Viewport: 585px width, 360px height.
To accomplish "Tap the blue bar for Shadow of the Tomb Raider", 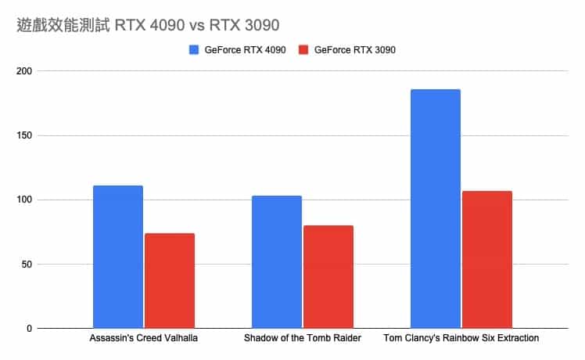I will coord(277,261).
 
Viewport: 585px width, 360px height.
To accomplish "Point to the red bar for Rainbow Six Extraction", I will coord(487,259).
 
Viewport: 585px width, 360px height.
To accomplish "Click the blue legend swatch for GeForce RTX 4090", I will coord(195,50).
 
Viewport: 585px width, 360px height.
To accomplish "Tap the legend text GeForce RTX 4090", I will coord(245,50).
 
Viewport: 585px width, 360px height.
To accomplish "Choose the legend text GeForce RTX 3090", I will coord(354,50).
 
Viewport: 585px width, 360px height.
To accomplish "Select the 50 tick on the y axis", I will coord(27,264).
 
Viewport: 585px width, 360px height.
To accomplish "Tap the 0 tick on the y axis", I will coord(29,329).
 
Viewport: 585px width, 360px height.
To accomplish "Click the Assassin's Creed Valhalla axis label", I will coord(144,338).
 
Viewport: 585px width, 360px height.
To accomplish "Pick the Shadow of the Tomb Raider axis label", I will coord(303,338).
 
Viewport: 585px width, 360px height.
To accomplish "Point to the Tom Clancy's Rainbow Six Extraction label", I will coord(461,338).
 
